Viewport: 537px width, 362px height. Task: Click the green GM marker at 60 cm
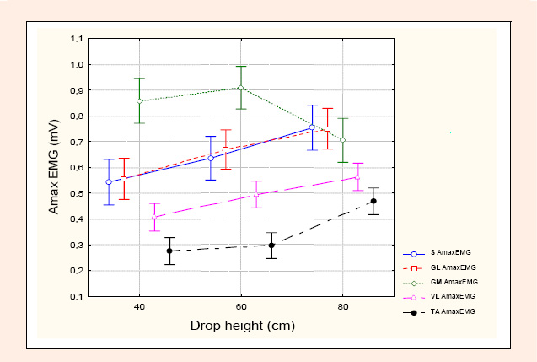pyautogui.click(x=241, y=88)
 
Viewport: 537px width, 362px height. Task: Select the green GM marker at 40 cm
pyautogui.click(x=139, y=101)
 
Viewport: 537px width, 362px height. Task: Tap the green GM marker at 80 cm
pyautogui.click(x=343, y=140)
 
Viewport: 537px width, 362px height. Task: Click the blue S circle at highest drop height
pyautogui.click(x=312, y=127)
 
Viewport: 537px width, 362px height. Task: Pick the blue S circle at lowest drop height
pyautogui.click(x=109, y=182)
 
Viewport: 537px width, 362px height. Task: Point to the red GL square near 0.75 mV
pyautogui.click(x=327, y=129)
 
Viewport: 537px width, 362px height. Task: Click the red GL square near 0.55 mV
pyautogui.click(x=124, y=179)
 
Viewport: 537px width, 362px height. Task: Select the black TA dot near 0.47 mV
pyautogui.click(x=373, y=201)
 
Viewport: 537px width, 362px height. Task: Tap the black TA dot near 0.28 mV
pyautogui.click(x=169, y=251)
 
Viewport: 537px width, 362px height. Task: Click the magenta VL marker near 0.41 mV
pyautogui.click(x=154, y=217)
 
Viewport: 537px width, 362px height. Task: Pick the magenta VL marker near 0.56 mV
pyautogui.click(x=357, y=177)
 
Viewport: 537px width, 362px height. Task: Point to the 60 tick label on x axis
pyautogui.click(x=241, y=306)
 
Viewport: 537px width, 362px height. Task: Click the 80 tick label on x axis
pyautogui.click(x=343, y=306)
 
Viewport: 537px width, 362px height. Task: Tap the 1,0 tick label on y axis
pyautogui.click(x=77, y=64)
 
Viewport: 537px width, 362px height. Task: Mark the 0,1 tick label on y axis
pyautogui.click(x=77, y=296)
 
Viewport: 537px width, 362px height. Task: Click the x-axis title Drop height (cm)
pyautogui.click(x=243, y=326)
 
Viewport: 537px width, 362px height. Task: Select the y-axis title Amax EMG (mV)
pyautogui.click(x=54, y=167)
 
